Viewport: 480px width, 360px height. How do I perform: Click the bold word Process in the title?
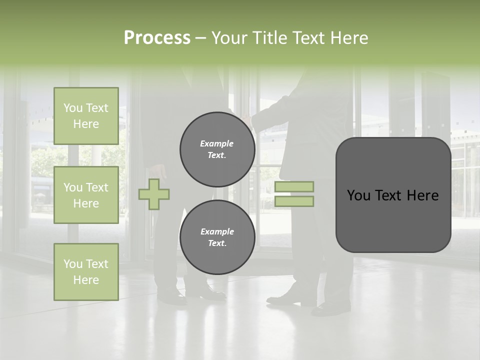tap(157, 37)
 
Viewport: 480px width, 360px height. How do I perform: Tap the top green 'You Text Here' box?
tap(86, 116)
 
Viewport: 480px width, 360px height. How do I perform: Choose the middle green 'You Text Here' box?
tap(86, 195)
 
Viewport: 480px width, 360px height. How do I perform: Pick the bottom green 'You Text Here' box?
tap(86, 272)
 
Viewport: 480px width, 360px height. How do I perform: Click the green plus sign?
tap(154, 194)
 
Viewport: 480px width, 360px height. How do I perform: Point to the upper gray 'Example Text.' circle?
tap(217, 149)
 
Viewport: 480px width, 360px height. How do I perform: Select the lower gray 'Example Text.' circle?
tap(217, 237)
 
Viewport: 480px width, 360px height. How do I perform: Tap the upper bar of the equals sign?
tap(294, 186)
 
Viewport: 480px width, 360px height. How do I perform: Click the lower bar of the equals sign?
tap(294, 201)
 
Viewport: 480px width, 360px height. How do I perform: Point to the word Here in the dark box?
tap(423, 195)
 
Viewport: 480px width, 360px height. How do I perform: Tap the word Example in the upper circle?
tap(217, 143)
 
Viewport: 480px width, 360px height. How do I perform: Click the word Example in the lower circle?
tap(217, 231)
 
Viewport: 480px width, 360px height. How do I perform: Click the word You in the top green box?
tap(73, 108)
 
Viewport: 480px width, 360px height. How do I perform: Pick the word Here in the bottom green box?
tap(86, 280)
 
